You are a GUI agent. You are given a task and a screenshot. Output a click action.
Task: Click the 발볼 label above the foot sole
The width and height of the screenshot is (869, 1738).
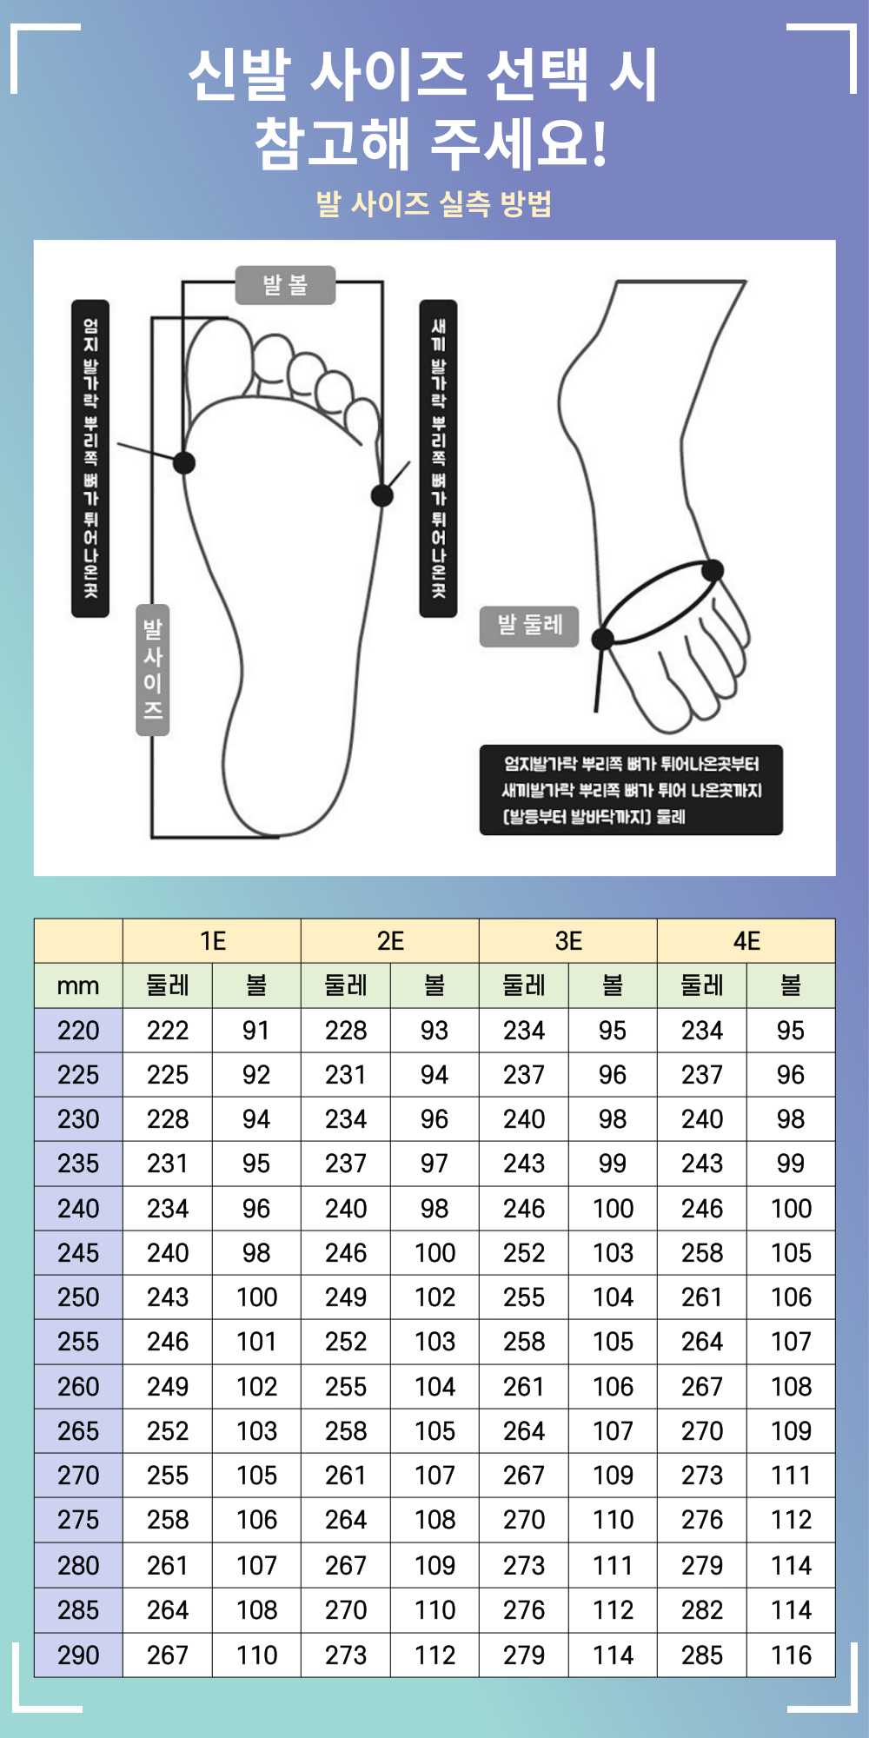click(x=285, y=285)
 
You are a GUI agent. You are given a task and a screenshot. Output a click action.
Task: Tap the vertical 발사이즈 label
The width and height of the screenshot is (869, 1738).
click(x=153, y=670)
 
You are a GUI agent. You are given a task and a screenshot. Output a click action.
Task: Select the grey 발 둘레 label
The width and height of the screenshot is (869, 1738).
click(x=529, y=626)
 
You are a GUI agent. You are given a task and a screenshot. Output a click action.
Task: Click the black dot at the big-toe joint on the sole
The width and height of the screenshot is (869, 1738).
click(x=184, y=462)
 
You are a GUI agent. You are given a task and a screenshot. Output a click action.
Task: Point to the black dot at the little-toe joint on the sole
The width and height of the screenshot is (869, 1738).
click(x=382, y=495)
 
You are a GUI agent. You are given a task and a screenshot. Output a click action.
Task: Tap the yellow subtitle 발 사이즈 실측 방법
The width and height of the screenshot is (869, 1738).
click(x=434, y=204)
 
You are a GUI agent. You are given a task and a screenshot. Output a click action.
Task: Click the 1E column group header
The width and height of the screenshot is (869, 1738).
click(x=212, y=941)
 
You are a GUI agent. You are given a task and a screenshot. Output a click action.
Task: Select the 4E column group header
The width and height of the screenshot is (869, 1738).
click(x=746, y=941)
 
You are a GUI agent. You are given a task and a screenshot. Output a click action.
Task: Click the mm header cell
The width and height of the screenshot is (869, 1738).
click(x=78, y=986)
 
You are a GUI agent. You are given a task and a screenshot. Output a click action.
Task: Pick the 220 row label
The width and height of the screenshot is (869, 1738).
click(x=78, y=1031)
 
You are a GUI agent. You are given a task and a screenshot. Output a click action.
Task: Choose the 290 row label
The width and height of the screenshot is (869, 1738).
click(x=78, y=1655)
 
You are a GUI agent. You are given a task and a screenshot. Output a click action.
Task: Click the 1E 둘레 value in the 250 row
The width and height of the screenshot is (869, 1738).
click(x=168, y=1297)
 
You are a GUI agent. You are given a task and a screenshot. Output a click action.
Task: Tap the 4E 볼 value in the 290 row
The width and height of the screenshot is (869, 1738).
click(x=791, y=1655)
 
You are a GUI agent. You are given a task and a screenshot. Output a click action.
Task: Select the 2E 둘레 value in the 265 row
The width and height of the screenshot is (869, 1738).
click(x=346, y=1431)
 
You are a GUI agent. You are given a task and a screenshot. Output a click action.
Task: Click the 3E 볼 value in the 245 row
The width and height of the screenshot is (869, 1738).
click(x=613, y=1253)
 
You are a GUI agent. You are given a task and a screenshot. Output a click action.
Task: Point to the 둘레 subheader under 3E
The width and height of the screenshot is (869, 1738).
click(x=524, y=986)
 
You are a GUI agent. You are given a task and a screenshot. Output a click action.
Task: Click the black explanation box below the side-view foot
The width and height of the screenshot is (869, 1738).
click(x=631, y=790)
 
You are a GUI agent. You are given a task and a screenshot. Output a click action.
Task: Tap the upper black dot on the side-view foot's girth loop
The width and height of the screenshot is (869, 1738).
click(x=713, y=571)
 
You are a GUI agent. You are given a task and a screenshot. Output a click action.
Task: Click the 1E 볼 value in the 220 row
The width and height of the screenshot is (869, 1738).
click(x=256, y=1031)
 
